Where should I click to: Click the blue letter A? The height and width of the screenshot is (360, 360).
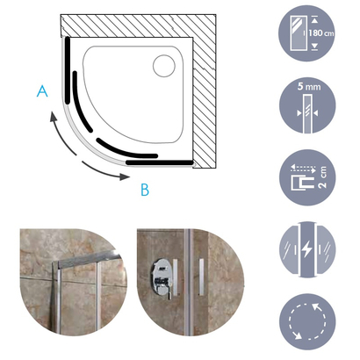click(x=42, y=91)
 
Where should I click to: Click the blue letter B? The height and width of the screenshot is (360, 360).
click(x=145, y=190)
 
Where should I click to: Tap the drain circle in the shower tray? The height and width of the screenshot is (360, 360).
click(x=164, y=66)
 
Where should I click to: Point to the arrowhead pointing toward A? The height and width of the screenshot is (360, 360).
click(x=53, y=117)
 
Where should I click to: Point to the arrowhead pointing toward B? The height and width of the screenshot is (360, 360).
click(x=125, y=176)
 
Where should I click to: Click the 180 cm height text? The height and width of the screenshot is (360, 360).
click(x=321, y=32)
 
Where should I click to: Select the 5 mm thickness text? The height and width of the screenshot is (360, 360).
click(x=309, y=87)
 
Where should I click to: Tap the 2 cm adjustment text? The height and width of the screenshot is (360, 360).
click(x=323, y=177)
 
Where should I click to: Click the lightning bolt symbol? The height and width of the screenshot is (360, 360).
click(x=307, y=249)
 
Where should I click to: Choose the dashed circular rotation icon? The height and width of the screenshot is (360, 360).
click(x=307, y=321)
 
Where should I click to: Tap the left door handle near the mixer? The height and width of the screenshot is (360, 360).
click(x=176, y=277)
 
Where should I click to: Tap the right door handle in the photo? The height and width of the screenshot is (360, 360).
click(x=202, y=277)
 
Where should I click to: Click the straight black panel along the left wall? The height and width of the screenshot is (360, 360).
click(x=68, y=70)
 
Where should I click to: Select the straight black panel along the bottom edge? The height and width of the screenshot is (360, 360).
click(x=160, y=162)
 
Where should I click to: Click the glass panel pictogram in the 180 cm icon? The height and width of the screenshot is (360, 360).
click(x=298, y=33)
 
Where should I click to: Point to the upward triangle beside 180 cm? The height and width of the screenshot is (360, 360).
click(x=314, y=20)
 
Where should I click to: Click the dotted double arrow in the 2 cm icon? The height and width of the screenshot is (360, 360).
click(x=303, y=169)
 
